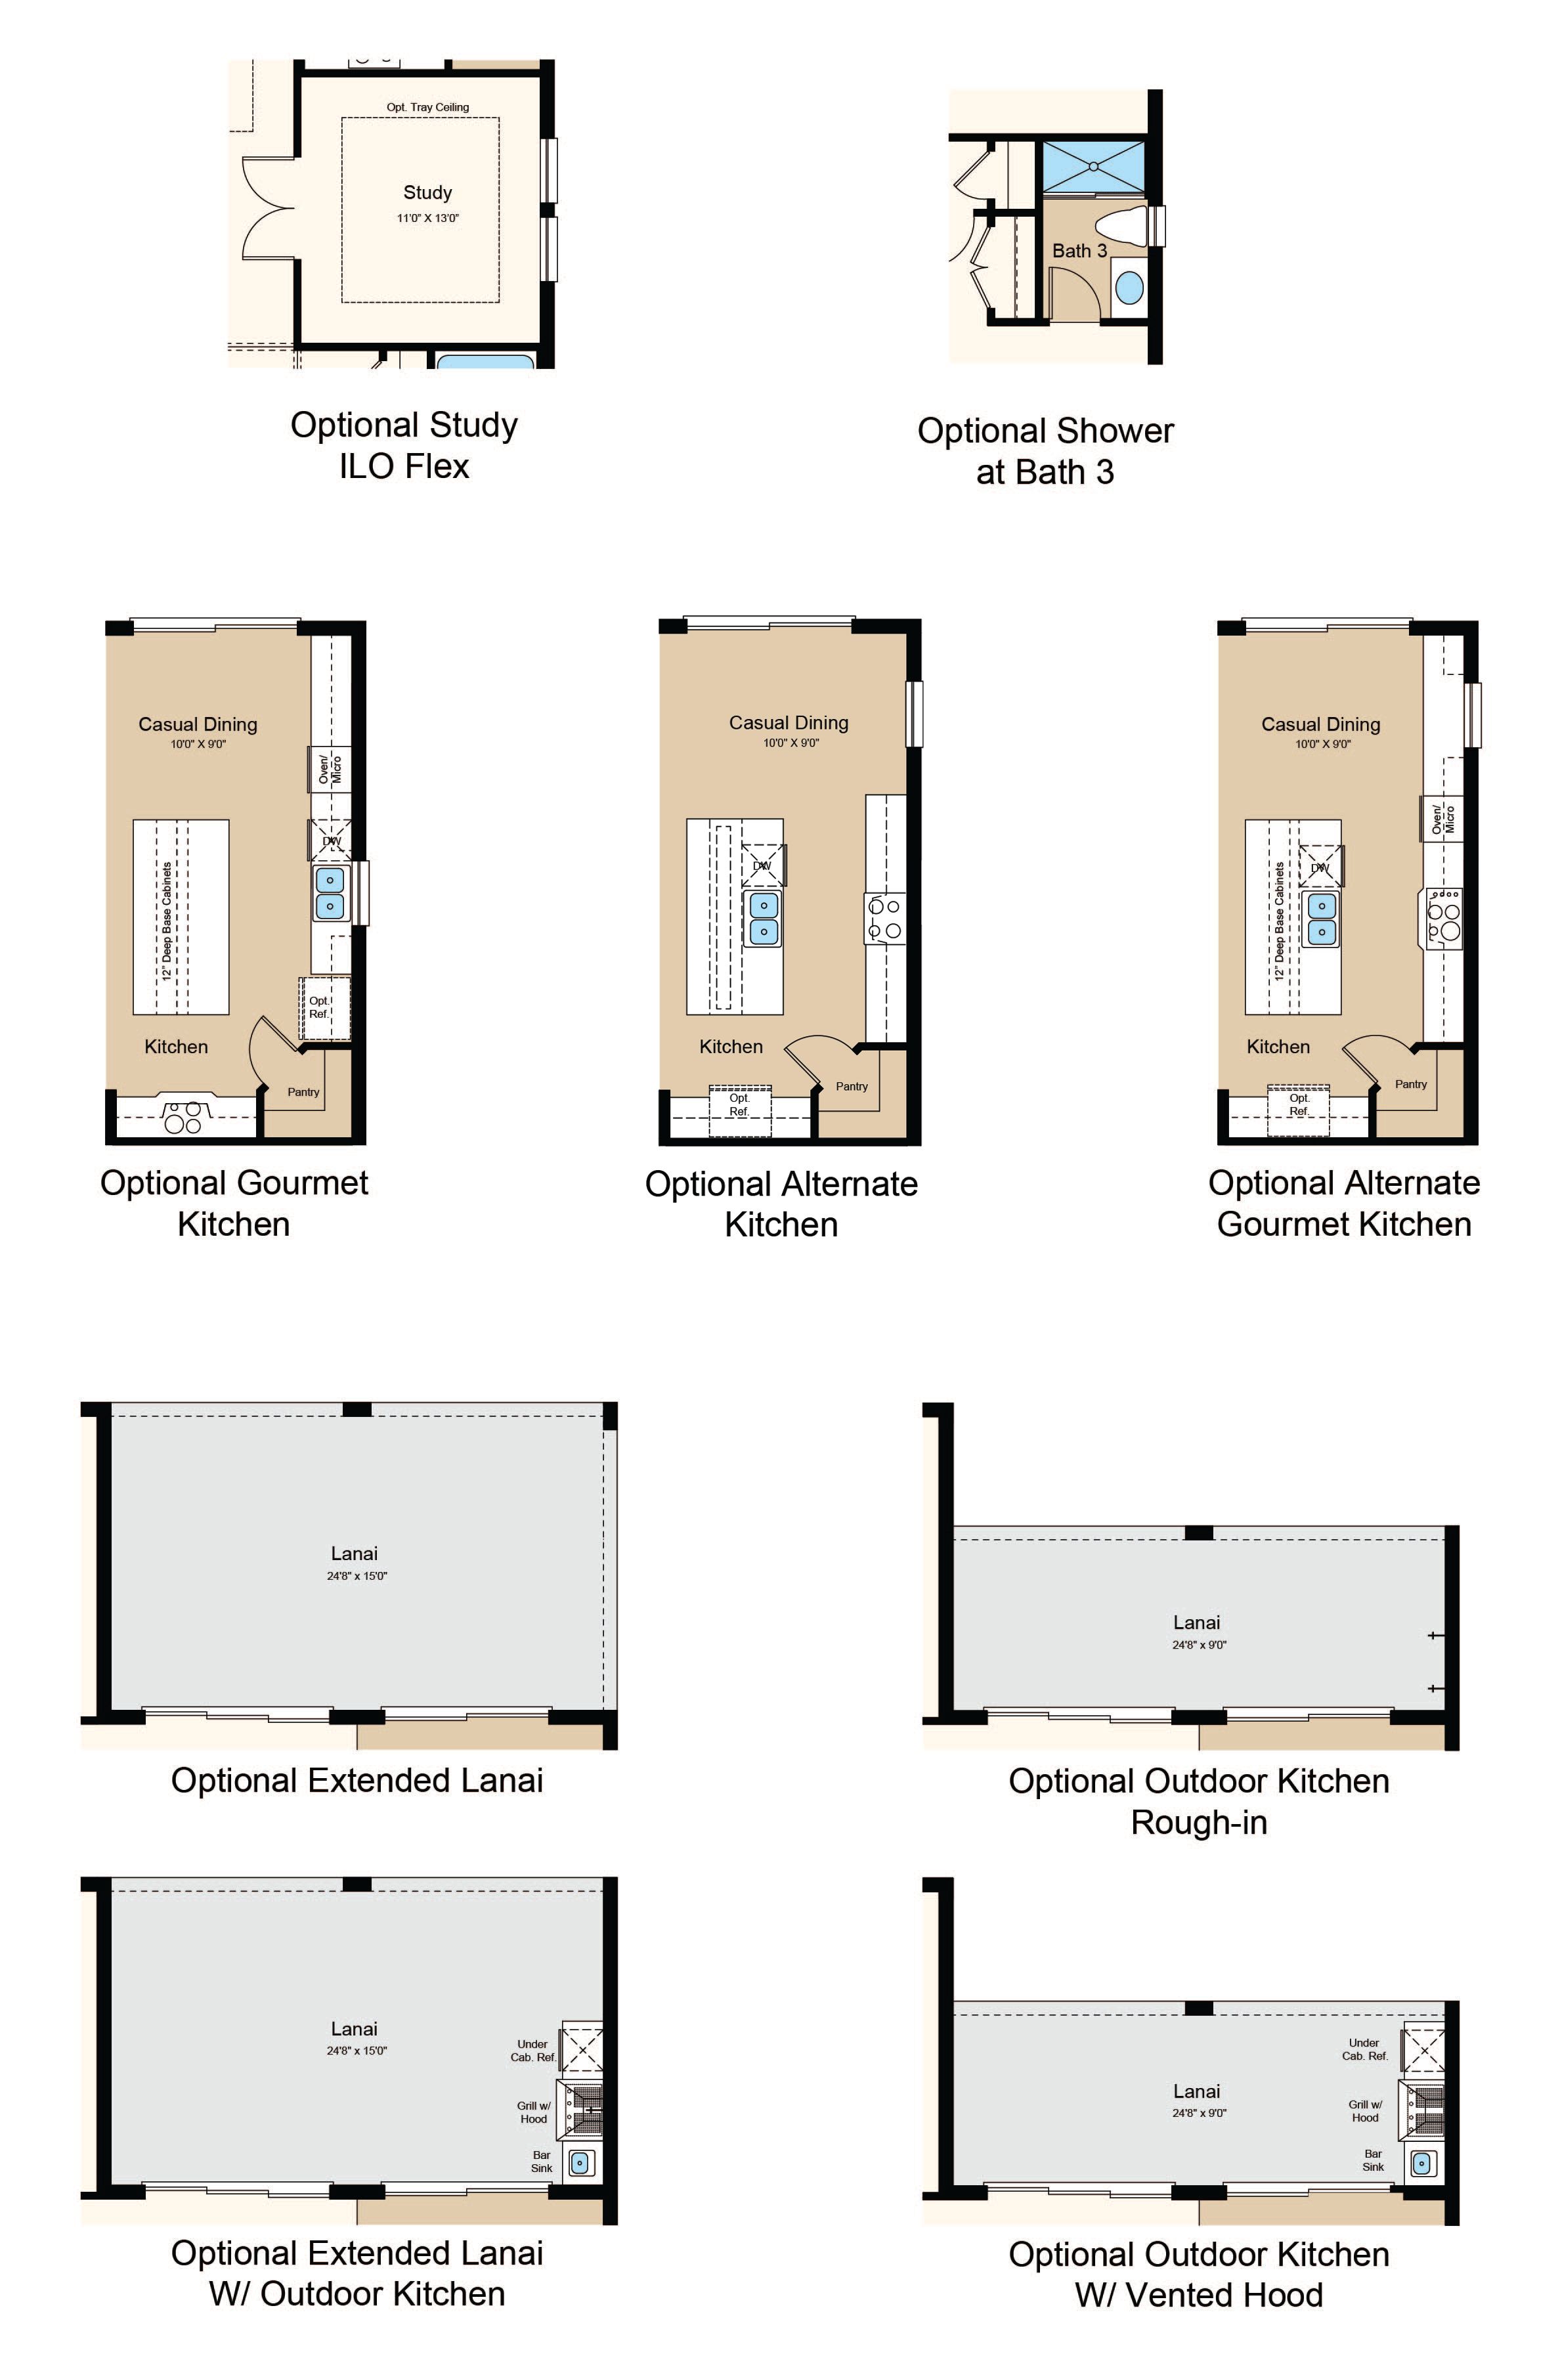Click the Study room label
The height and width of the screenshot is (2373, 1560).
[x=427, y=192]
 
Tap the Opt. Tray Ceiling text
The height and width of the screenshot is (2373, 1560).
[x=427, y=106]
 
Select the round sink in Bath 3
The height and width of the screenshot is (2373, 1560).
[x=1129, y=288]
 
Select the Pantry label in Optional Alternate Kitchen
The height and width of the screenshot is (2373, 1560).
[x=852, y=1086]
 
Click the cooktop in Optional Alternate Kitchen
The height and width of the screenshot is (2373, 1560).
[x=884, y=919]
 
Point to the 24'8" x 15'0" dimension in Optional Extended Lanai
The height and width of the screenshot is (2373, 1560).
[x=357, y=1577]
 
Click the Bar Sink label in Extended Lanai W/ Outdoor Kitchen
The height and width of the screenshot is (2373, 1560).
[x=541, y=2162]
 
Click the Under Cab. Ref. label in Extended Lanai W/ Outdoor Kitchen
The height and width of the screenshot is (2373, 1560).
[x=532, y=2050]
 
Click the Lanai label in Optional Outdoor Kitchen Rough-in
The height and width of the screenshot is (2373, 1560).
[x=1196, y=1622]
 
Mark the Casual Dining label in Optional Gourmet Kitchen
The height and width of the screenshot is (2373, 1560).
[x=198, y=725]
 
